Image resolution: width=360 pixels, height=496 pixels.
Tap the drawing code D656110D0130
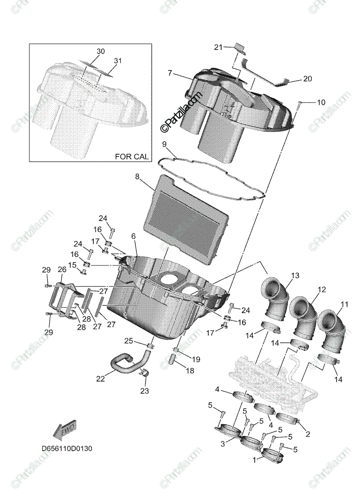[67, 448]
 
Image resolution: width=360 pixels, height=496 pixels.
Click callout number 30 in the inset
[101, 51]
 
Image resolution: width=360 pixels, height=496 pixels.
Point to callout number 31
[118, 61]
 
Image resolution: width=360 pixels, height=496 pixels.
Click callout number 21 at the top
[218, 48]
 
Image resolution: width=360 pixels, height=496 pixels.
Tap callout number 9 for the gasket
[164, 144]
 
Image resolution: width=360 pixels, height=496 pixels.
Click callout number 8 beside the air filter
[138, 176]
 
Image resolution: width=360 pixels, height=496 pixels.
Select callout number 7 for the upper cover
[170, 73]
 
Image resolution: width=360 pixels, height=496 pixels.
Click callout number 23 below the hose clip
[145, 390]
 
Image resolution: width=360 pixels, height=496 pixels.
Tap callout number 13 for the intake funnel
[295, 276]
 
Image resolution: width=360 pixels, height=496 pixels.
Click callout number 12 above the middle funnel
[322, 290]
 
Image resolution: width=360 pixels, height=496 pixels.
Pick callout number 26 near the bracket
[62, 269]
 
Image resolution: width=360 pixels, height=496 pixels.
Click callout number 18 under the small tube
[189, 371]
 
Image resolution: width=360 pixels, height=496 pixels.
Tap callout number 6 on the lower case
[134, 236]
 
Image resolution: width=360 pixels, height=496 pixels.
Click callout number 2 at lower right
[307, 434]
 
